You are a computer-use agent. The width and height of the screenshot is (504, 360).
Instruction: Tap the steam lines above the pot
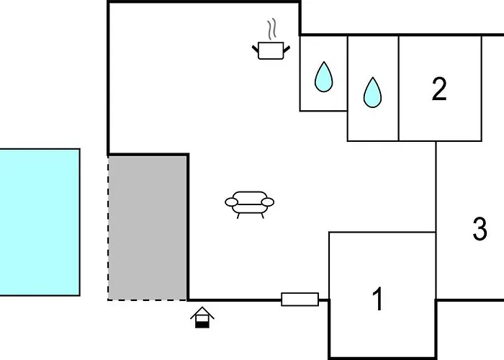271,30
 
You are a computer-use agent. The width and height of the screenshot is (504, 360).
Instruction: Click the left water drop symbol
324,76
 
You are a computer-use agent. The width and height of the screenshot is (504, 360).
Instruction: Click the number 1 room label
378,299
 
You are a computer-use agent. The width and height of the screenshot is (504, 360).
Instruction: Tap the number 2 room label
439,89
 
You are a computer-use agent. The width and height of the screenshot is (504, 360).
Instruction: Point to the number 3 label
480,230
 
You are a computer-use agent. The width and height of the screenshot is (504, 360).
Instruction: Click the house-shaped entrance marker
203,317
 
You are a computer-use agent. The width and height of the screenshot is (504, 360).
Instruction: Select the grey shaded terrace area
148,227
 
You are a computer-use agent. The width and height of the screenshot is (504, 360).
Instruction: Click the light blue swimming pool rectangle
39,222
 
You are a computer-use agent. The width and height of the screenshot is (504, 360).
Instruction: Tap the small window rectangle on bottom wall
300,299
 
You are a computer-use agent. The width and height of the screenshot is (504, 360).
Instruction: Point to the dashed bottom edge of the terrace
148,299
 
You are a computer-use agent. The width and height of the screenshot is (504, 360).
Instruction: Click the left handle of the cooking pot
256,48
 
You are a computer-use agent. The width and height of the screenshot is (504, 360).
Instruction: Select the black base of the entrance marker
203,324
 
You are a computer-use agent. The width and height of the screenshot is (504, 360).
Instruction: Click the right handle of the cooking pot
287,48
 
